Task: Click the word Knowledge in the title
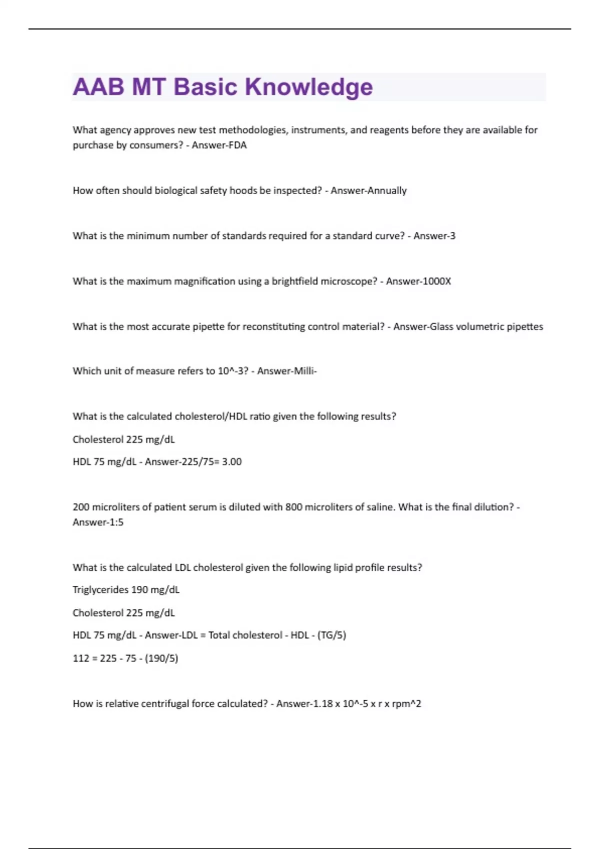[x=308, y=87]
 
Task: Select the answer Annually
[x=387, y=191]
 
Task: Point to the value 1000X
[x=437, y=281]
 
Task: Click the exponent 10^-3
[x=232, y=371]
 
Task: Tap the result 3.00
[x=231, y=462]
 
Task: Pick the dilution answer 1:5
[x=114, y=522]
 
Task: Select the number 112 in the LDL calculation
[x=80, y=658]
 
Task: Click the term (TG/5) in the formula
[x=331, y=635]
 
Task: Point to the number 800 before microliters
[x=293, y=507]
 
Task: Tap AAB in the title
[x=98, y=87]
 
